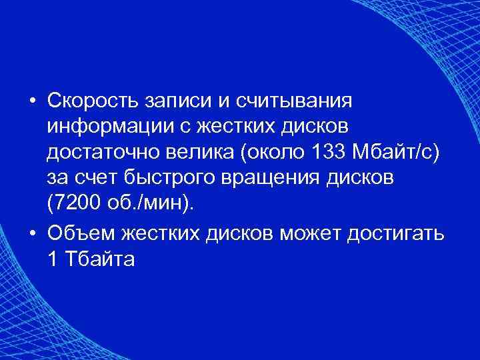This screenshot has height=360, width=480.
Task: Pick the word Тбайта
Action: (99, 259)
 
